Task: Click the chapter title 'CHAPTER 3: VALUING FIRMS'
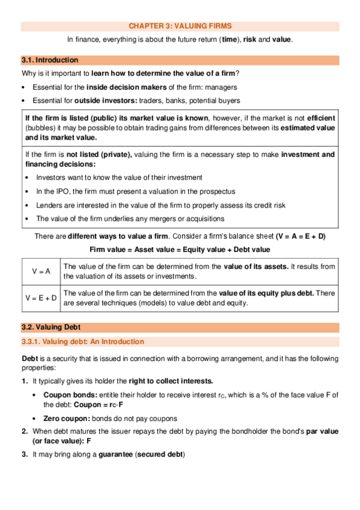tap(180, 26)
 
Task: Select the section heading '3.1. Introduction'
tap(49, 60)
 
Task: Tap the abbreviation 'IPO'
tap(58, 191)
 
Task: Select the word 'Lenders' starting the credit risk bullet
tap(50, 205)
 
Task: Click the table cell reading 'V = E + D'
tap(41, 298)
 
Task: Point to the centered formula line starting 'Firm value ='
tap(180, 249)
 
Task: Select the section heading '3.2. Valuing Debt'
tap(50, 328)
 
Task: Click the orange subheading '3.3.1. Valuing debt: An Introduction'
tap(82, 342)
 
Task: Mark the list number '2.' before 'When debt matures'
tap(25, 431)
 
